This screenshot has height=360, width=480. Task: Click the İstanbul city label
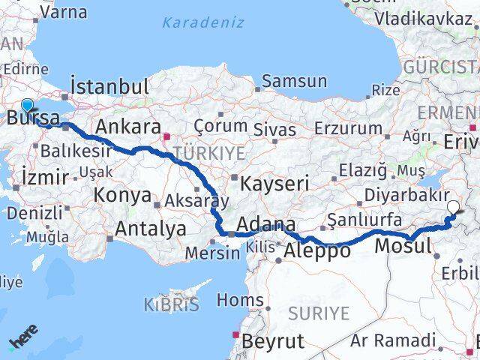tap(109, 85)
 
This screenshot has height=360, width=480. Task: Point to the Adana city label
tap(265, 223)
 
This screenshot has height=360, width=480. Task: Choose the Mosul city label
tap(402, 245)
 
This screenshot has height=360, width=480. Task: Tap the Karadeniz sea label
tap(203, 22)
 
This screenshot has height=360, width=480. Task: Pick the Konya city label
tap(122, 196)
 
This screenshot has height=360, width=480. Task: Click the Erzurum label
tap(348, 128)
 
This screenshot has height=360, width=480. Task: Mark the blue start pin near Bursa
tap(28, 106)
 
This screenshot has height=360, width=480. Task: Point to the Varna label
tap(63, 12)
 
